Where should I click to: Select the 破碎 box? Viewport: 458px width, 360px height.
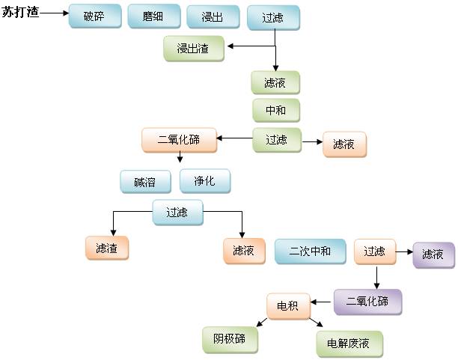click(x=94, y=16)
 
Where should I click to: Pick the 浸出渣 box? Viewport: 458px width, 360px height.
click(x=193, y=49)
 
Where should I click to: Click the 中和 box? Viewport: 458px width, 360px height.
click(x=275, y=111)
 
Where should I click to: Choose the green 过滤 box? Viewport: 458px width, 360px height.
click(x=275, y=139)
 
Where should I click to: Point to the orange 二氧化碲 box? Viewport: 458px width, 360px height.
click(x=179, y=140)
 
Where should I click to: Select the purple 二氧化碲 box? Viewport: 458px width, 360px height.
click(x=367, y=302)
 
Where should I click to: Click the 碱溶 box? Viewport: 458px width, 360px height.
click(x=146, y=182)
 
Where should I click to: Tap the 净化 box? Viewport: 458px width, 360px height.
click(x=204, y=181)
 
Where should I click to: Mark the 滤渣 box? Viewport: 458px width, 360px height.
click(x=106, y=248)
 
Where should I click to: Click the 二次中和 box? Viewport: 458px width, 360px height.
click(x=310, y=251)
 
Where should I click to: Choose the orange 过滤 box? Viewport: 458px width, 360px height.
click(x=374, y=251)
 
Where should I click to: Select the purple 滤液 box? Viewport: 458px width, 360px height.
click(x=433, y=254)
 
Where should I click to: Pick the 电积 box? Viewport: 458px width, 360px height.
click(x=287, y=305)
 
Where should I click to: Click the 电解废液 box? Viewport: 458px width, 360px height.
click(x=349, y=344)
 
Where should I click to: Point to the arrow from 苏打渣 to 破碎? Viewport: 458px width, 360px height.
click(x=54, y=13)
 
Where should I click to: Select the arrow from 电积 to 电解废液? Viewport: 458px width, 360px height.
click(x=315, y=323)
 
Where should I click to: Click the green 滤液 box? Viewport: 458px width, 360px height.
click(x=275, y=82)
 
